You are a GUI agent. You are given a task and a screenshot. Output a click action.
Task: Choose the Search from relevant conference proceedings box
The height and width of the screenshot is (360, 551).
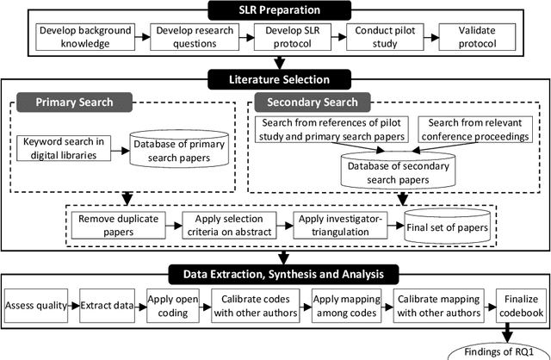click(x=470, y=131)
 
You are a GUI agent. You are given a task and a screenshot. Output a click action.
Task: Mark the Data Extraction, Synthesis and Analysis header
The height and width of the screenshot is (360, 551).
click(x=279, y=274)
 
